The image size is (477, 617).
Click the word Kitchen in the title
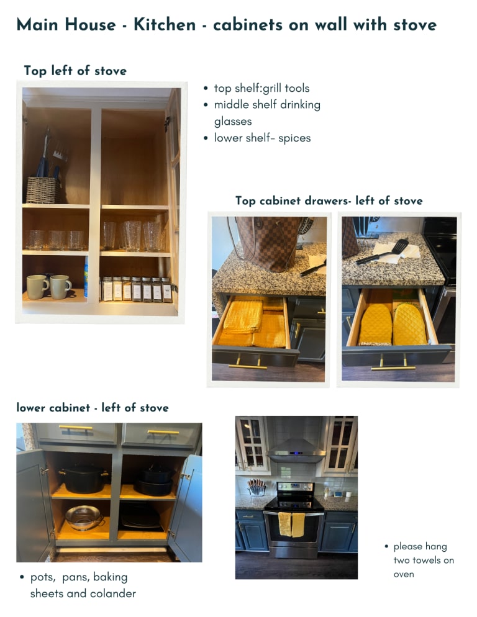165,24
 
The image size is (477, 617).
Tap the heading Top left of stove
75,71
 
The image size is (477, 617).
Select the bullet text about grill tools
261,88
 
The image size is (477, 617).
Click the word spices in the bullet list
294,138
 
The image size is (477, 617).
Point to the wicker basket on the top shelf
42,190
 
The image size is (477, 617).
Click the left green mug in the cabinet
37,287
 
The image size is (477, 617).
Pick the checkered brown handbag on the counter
270,243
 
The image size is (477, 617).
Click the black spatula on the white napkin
383,252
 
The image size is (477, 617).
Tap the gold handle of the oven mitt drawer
393,366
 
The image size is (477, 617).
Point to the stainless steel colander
84,518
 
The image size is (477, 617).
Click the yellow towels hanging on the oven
291,525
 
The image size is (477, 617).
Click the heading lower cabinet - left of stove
93,408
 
